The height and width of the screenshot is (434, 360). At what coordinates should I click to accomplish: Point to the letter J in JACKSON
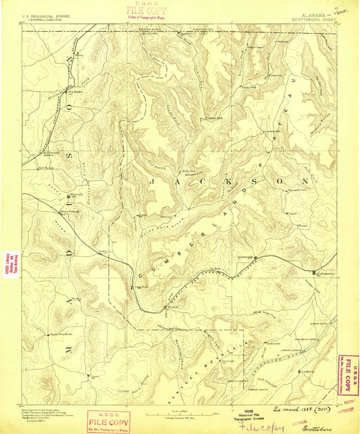pos(154,182)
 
